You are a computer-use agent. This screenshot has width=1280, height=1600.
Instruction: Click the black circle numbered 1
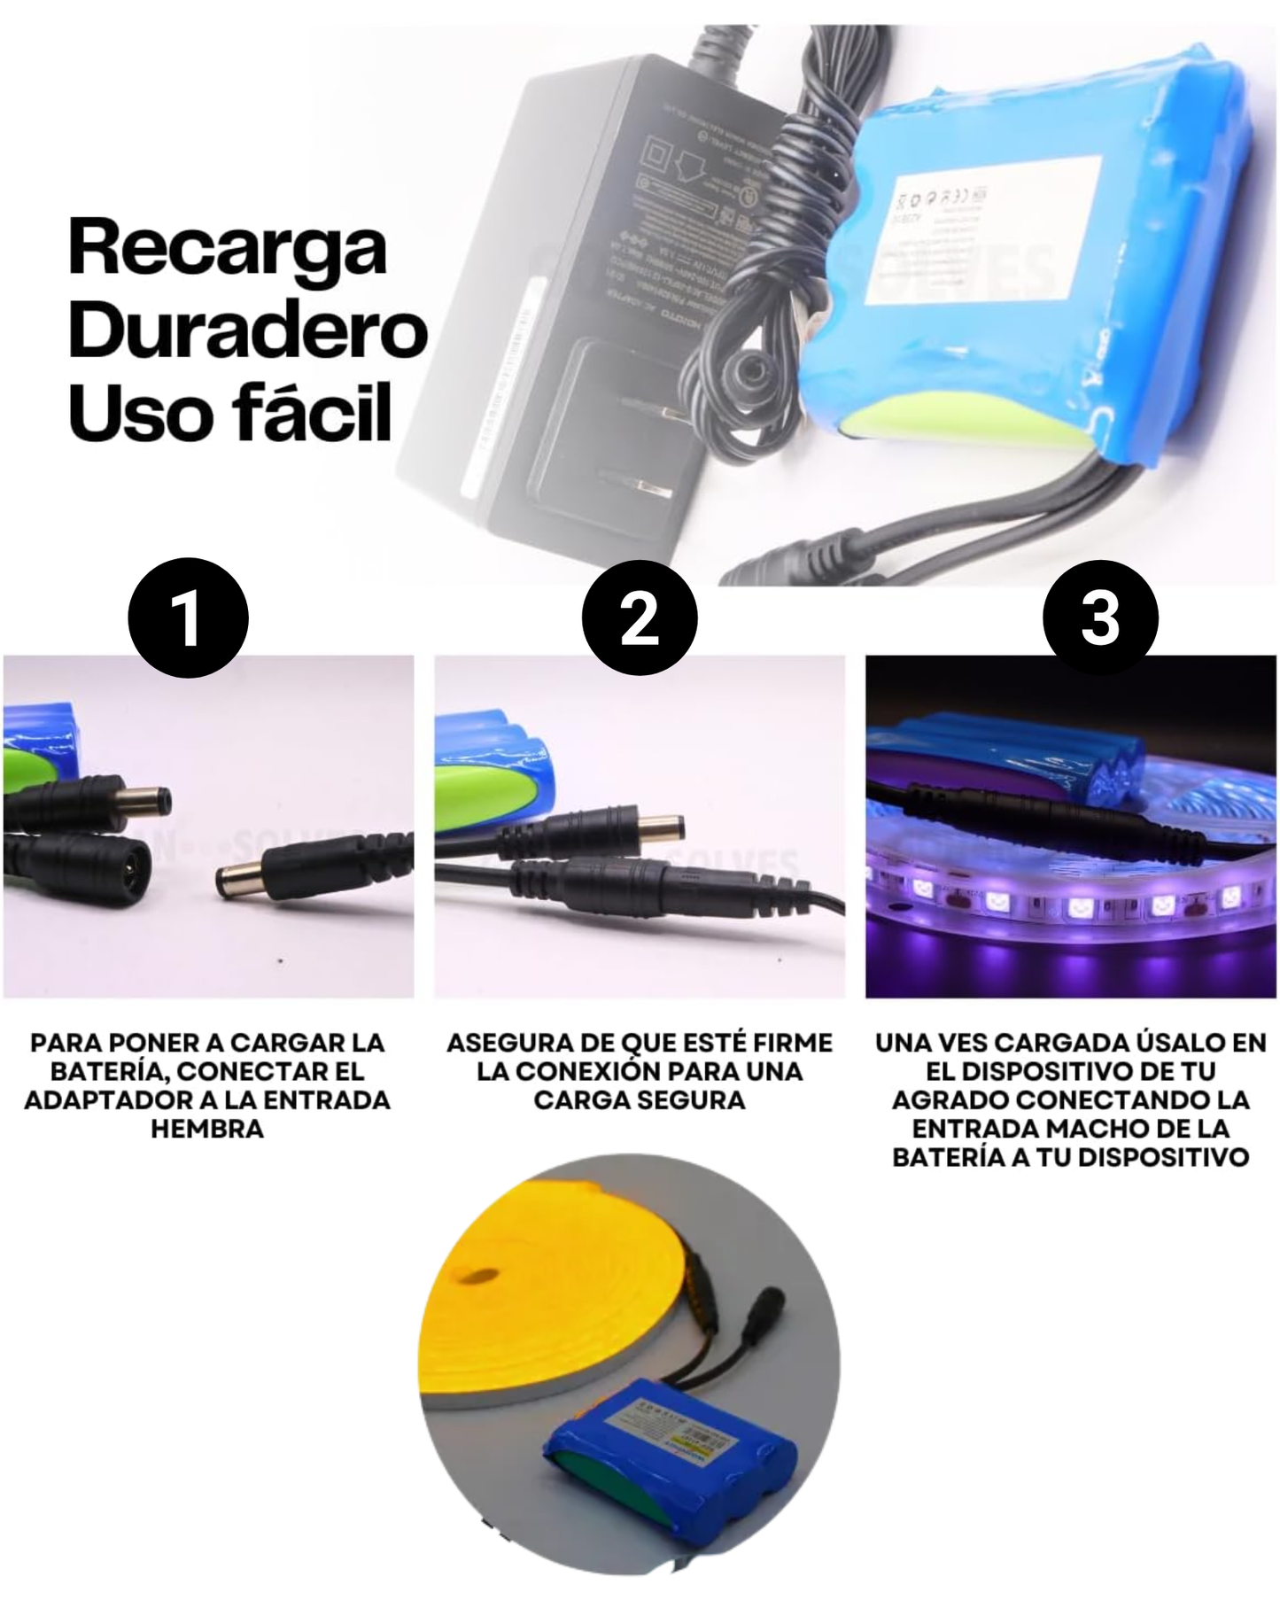click(188, 617)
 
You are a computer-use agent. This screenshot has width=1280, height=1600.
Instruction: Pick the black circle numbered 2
click(640, 617)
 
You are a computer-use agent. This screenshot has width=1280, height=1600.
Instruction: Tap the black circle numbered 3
click(1099, 617)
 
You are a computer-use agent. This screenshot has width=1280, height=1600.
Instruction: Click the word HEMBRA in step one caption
click(207, 1129)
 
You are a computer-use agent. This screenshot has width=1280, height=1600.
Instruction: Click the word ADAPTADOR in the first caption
click(99, 1100)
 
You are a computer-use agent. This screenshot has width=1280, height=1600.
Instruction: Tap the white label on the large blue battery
click(983, 232)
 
